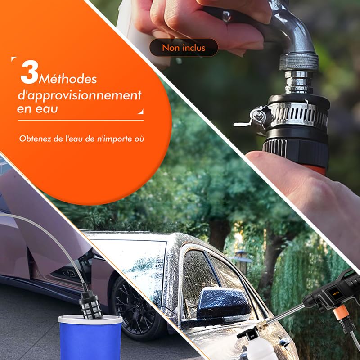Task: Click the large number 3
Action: (29, 72)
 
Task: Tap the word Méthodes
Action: (68, 79)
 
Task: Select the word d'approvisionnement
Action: (80, 95)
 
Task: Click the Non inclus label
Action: (184, 48)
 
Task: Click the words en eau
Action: (37, 109)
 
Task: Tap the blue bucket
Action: (90, 337)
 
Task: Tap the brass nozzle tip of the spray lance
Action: (262, 325)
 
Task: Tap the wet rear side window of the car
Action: (198, 271)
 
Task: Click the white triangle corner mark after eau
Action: (140, 112)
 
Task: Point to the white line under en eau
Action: (81, 120)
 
